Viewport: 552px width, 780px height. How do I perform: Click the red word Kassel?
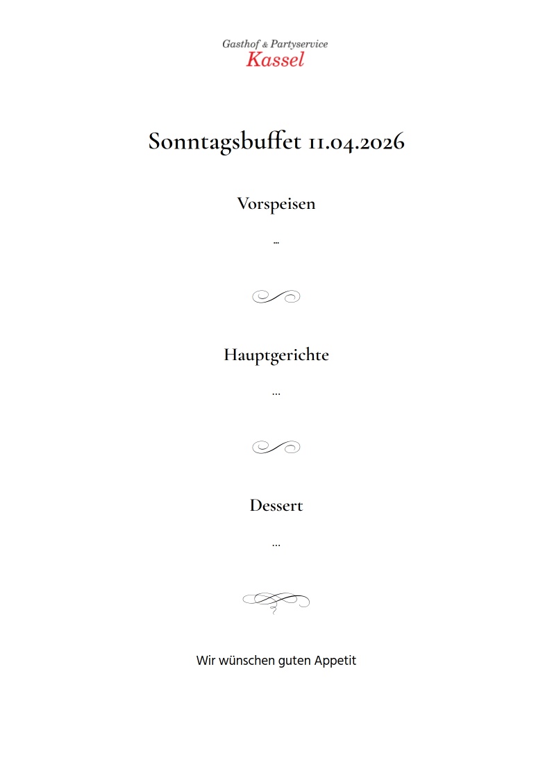(x=275, y=60)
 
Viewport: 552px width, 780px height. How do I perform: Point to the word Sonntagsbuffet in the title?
(x=225, y=142)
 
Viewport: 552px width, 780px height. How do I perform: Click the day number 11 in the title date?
(x=317, y=142)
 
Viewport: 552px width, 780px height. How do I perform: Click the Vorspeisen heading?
(x=276, y=204)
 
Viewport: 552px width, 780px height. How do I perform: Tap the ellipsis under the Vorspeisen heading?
(x=276, y=243)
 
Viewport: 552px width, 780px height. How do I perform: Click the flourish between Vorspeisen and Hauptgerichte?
(x=276, y=297)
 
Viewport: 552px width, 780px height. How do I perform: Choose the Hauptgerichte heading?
(x=276, y=355)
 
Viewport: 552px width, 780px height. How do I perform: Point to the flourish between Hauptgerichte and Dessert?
(x=276, y=448)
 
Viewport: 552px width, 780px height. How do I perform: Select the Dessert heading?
(x=276, y=505)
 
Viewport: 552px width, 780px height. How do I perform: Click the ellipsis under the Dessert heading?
(x=276, y=545)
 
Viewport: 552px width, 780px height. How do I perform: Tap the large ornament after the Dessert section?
(x=276, y=601)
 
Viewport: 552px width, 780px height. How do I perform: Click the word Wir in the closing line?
(x=206, y=661)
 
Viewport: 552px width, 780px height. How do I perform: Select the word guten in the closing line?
(x=294, y=661)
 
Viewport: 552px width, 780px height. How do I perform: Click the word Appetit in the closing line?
(x=335, y=661)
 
